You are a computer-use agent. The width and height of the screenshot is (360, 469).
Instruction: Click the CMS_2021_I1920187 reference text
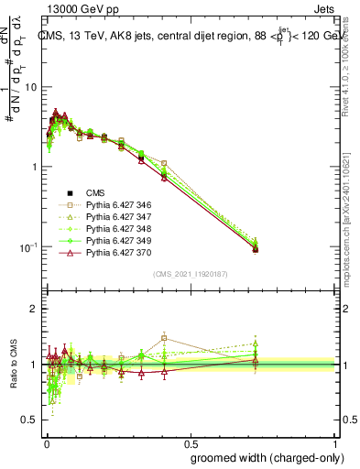coord(191,274)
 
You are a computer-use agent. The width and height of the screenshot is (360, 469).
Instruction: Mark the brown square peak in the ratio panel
coord(164,338)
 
